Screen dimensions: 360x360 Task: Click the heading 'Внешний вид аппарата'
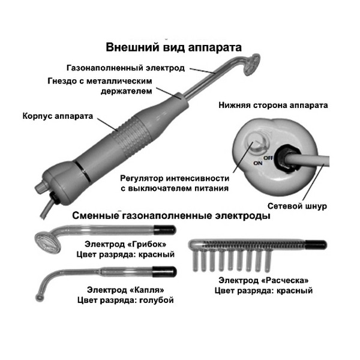click(173, 47)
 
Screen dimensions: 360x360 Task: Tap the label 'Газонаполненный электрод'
click(125, 68)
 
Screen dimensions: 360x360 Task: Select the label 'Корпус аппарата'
click(58, 116)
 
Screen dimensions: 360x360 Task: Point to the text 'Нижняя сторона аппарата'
click(273, 105)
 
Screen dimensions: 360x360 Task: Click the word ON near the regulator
click(258, 163)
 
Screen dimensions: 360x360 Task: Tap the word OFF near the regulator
click(268, 158)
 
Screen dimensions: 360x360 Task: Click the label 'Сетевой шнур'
click(297, 206)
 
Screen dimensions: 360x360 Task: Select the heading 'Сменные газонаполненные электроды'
click(171, 216)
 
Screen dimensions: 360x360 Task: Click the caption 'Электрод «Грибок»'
click(125, 244)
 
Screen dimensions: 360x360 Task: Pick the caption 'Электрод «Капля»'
click(125, 290)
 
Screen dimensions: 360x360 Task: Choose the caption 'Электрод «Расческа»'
click(263, 280)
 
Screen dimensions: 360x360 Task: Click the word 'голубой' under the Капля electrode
click(156, 300)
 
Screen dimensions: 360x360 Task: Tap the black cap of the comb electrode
click(316, 245)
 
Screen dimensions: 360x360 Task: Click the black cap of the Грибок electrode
click(165, 230)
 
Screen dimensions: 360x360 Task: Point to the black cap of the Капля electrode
click(164, 271)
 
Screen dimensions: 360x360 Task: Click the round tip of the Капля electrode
click(40, 298)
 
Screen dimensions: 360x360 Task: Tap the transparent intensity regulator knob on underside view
click(257, 144)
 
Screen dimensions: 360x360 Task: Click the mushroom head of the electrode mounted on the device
click(251, 65)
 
